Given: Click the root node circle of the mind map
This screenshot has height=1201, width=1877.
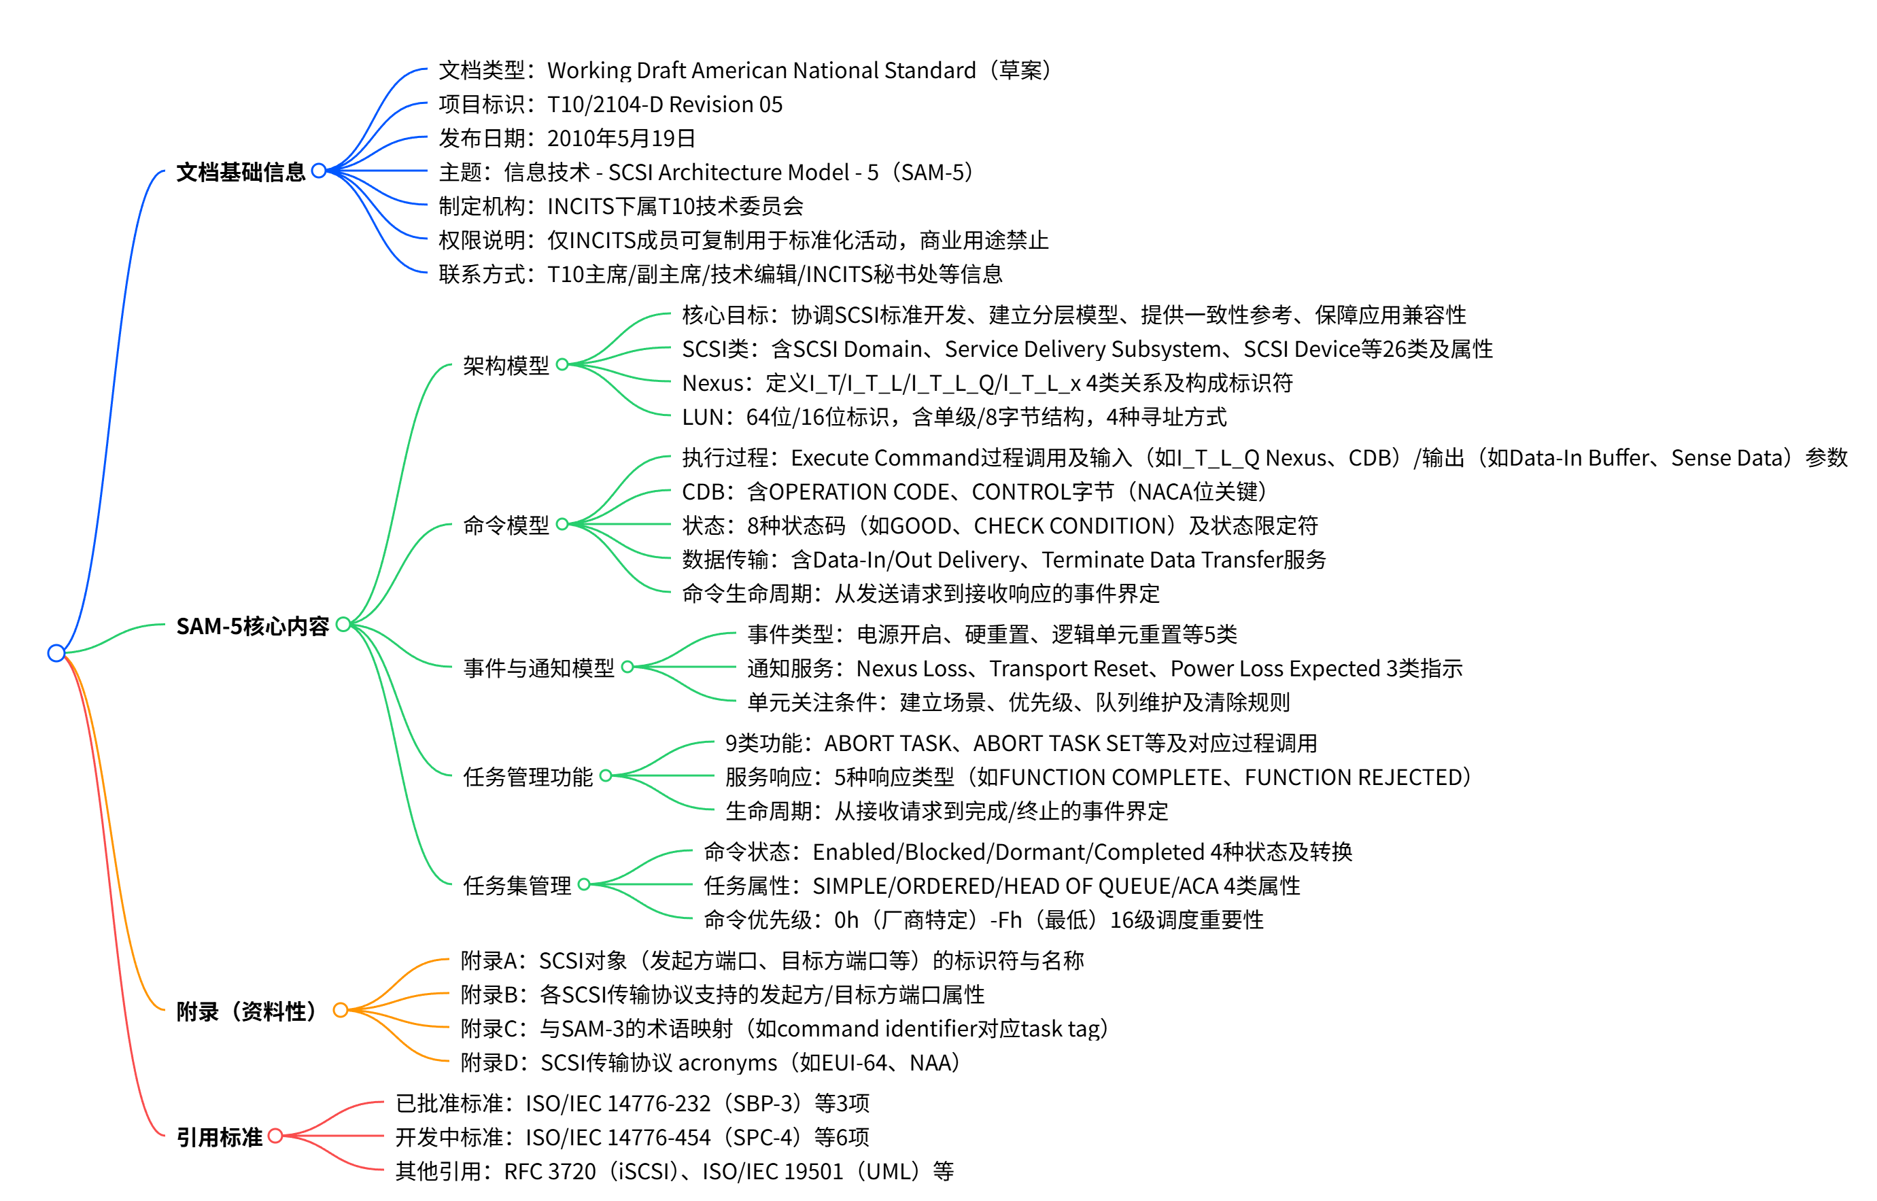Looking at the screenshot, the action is [x=56, y=652].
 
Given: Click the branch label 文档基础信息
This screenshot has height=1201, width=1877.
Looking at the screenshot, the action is [x=240, y=171].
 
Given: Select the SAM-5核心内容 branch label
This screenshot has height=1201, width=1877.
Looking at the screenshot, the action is [x=253, y=625].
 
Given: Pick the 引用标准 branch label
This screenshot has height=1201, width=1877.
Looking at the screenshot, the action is [x=219, y=1136].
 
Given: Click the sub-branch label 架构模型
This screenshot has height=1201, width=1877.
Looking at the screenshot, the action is [x=505, y=365].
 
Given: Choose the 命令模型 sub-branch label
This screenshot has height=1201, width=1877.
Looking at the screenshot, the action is [x=505, y=525].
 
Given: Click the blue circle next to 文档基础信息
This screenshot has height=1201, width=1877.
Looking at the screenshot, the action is [x=318, y=171].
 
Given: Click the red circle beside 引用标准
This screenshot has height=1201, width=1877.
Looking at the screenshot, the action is [x=275, y=1136].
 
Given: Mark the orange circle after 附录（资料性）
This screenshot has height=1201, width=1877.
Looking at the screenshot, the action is [x=340, y=1010].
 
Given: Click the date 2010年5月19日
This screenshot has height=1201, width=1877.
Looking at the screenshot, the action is [x=621, y=138].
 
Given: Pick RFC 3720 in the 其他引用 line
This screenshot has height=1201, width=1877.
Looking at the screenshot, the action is [x=549, y=1170].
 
